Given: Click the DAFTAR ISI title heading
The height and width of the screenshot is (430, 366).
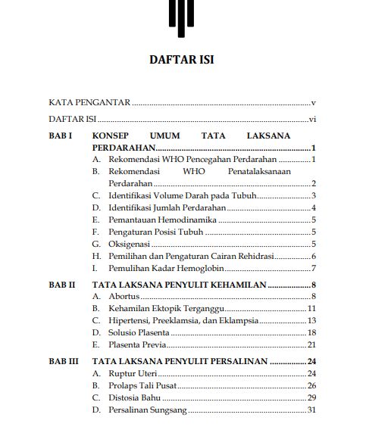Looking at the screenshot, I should point(182,60).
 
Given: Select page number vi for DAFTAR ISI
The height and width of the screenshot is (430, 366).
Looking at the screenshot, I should point(311,120).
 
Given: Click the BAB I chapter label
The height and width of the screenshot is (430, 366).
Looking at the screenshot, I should point(60,134).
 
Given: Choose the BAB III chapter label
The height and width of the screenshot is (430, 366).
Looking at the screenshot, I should point(64,362).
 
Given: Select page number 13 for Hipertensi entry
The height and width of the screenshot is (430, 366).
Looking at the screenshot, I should point(311,320).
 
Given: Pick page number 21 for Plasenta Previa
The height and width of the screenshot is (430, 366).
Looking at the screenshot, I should point(311,344).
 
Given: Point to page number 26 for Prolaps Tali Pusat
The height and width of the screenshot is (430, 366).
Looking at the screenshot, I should point(311,386).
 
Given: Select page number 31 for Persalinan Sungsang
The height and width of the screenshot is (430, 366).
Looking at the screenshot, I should point(311,410).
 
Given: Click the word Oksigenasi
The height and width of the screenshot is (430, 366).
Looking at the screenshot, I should point(130,244).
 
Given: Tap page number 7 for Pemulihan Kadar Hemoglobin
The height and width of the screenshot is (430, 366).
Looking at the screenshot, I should point(313,268).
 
